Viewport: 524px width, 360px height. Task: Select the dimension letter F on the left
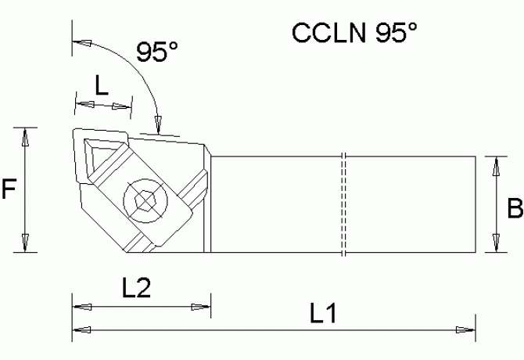pos(9,189)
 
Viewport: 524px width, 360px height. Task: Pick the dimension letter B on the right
pos(515,209)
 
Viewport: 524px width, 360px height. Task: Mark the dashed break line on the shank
pos(343,203)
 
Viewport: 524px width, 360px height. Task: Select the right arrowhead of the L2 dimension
pos(202,306)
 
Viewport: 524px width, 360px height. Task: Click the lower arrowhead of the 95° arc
pos(158,124)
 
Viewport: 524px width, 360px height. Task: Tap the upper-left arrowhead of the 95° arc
pos(79,41)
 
